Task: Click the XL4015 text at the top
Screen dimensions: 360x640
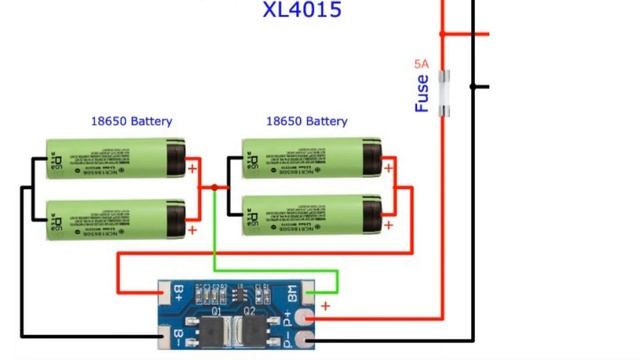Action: [x=302, y=10]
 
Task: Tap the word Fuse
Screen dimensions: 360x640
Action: [x=422, y=93]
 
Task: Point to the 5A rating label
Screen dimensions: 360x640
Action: [x=422, y=64]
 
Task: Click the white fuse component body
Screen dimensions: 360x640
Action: [x=446, y=91]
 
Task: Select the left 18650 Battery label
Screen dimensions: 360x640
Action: [x=131, y=121]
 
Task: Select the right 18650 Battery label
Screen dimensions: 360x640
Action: [x=306, y=121]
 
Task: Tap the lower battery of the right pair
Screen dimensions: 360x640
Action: [x=313, y=213]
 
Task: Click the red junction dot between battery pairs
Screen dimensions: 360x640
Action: [x=214, y=187]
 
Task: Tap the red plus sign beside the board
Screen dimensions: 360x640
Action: [x=325, y=305]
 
